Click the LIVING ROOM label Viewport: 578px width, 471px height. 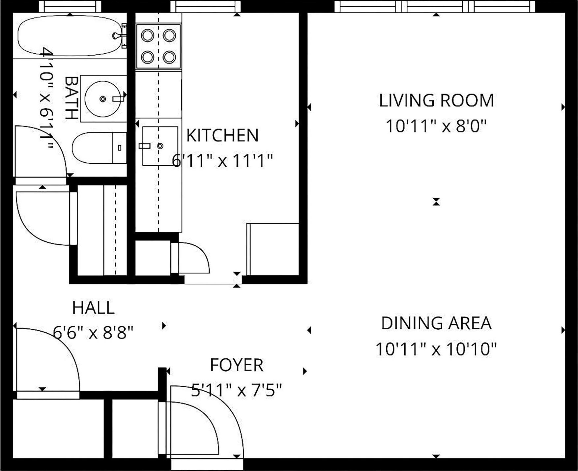436,101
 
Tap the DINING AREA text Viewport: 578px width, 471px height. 436,323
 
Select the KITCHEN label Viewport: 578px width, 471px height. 222,136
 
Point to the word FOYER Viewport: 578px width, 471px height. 237,365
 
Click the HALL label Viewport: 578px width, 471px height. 93,308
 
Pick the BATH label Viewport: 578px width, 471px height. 71,98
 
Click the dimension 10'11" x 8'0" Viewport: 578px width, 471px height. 436,126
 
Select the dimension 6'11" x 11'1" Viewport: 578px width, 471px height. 222,161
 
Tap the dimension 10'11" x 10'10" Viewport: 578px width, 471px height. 436,349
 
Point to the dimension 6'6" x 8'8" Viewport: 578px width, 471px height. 93,333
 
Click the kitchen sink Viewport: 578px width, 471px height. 160,146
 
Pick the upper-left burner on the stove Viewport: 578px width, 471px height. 147,35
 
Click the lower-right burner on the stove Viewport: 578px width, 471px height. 169,57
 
